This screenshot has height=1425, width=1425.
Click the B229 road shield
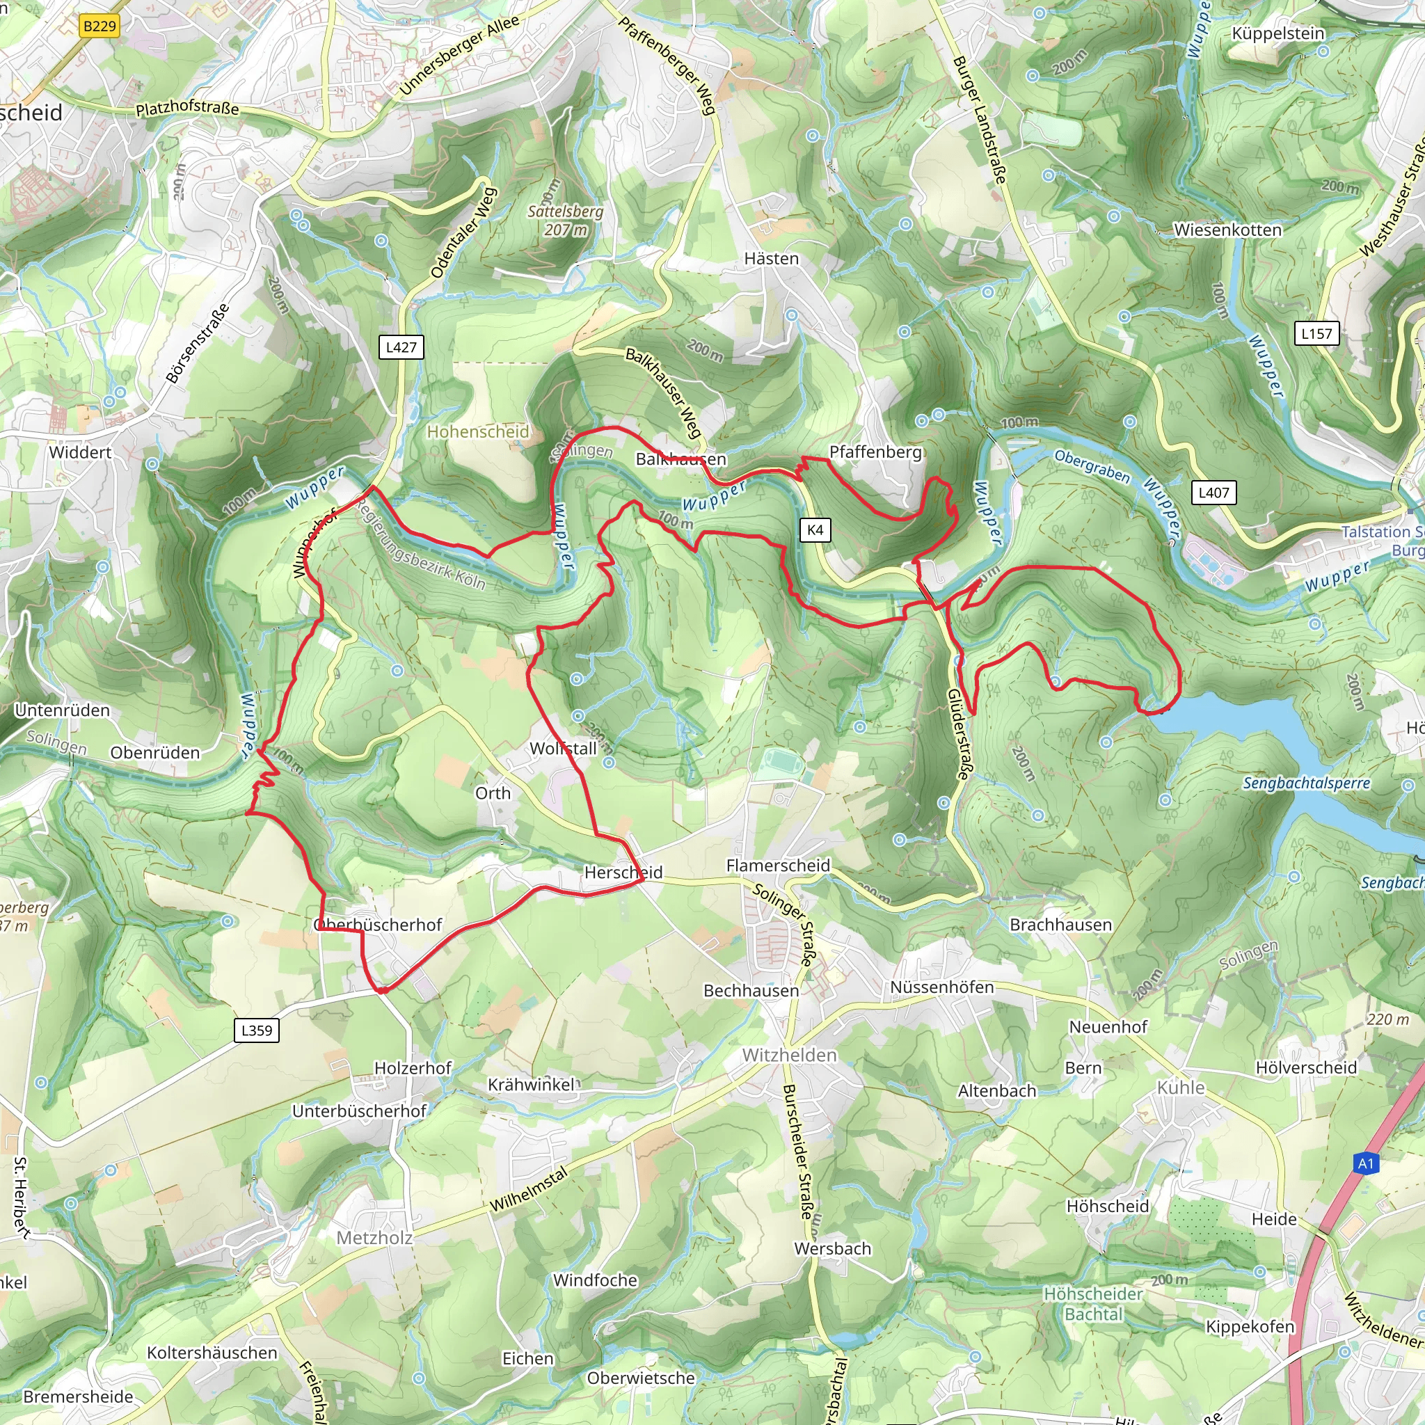(99, 26)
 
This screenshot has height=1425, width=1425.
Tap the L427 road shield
(401, 347)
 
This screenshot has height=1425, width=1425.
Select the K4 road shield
(815, 530)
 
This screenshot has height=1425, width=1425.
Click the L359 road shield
(257, 1030)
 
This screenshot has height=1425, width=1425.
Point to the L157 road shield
(1316, 333)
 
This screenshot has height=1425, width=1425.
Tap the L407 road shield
(1213, 493)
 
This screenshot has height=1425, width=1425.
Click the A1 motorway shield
(1366, 1164)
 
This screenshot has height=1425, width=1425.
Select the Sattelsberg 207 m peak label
(566, 221)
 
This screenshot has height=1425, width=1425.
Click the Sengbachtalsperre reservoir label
(1306, 783)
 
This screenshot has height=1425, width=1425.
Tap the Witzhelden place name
(789, 1056)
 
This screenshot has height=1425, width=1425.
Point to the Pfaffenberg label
(875, 452)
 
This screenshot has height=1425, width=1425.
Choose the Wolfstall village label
(563, 749)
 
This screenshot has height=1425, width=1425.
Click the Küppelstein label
(1278, 34)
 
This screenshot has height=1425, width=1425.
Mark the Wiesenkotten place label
(1228, 230)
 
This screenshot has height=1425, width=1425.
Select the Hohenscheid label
(478, 431)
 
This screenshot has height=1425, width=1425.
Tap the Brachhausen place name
(1060, 925)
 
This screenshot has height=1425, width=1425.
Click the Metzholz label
(375, 1238)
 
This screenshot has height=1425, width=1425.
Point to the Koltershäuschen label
(212, 1353)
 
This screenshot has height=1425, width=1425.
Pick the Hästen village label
(772, 259)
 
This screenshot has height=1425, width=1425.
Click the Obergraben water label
(1092, 466)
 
